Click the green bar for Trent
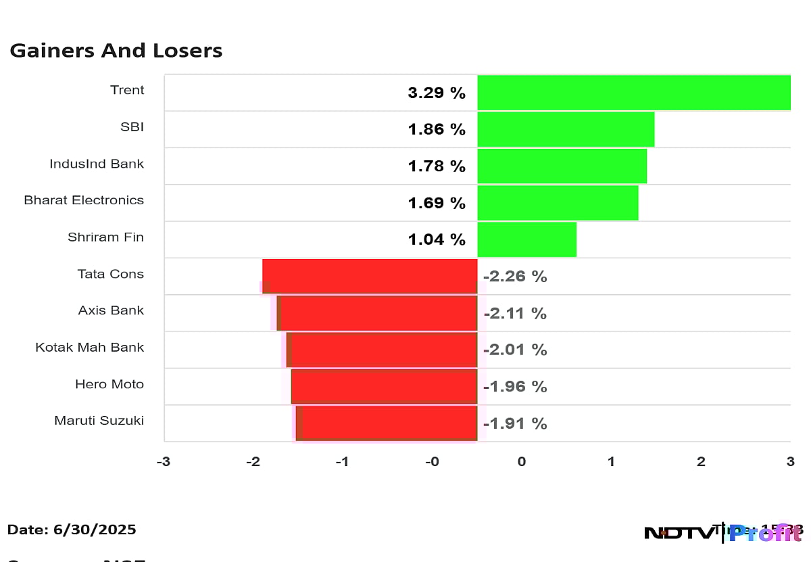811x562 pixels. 633,93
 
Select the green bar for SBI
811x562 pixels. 566,129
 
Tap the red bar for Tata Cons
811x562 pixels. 370,276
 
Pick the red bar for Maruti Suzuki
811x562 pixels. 387,423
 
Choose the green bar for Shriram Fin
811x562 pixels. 526,239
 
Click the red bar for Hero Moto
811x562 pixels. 384,386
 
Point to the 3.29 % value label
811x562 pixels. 437,93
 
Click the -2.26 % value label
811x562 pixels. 515,277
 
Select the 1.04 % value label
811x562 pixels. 437,239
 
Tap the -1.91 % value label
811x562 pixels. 515,423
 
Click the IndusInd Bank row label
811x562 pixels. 97,164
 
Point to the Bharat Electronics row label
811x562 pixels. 84,200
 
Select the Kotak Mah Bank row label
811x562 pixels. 90,347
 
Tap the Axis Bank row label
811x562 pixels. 111,310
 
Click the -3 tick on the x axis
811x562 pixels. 164,462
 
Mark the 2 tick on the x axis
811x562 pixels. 701,462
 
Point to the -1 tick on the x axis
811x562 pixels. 343,462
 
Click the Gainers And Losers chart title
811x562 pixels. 116,51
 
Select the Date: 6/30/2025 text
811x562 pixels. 72,530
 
